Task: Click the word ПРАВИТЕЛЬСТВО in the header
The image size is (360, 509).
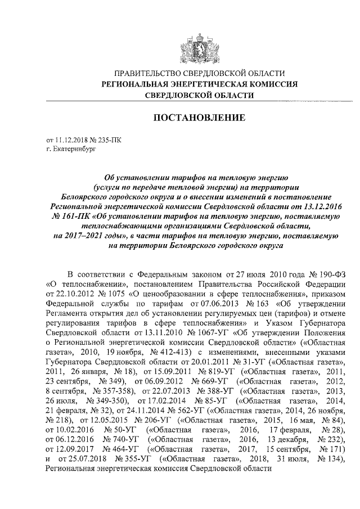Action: click(x=147, y=74)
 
